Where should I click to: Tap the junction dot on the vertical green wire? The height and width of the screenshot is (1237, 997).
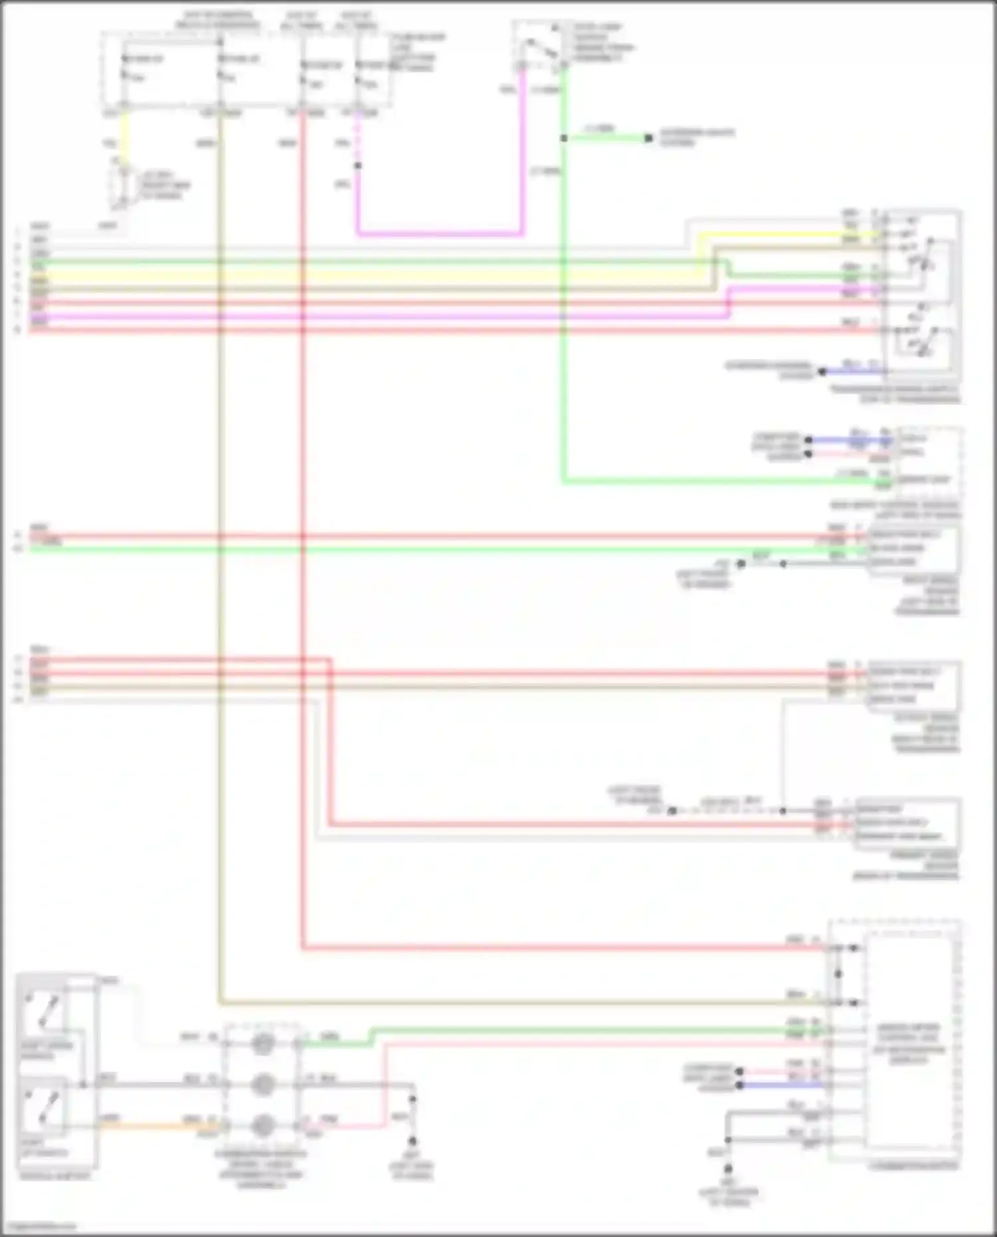[564, 138]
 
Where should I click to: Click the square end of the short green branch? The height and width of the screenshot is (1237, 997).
[649, 138]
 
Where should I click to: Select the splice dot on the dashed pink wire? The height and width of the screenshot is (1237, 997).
[358, 166]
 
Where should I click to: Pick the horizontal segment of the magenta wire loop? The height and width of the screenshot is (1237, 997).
[439, 233]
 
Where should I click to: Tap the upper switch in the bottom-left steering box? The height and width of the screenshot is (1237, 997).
[43, 1010]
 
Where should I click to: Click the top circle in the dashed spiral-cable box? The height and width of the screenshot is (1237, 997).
[262, 1044]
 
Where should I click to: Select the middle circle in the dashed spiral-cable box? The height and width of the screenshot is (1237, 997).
[262, 1084]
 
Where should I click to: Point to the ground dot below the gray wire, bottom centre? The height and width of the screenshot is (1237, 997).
[412, 1141]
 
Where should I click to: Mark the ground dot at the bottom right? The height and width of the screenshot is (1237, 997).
[728, 1169]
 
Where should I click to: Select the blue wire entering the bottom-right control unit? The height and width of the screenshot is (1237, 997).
[784, 1085]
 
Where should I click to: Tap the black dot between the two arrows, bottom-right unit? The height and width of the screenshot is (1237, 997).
[838, 974]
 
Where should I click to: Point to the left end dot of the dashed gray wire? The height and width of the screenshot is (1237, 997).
[672, 811]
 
